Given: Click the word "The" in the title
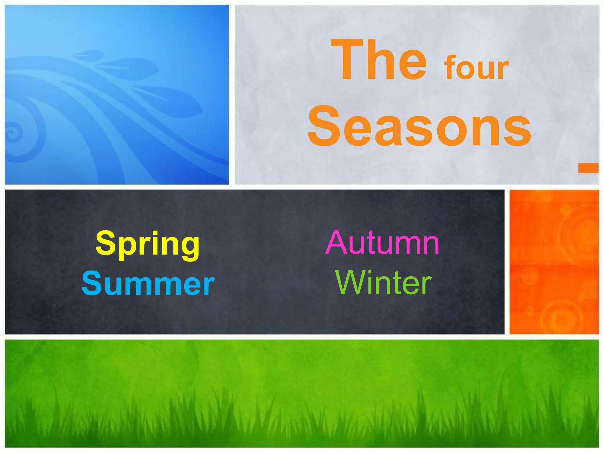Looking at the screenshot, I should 379,60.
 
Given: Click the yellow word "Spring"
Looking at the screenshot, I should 147,245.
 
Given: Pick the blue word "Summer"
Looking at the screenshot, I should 148,284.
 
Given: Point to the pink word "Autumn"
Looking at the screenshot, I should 383,243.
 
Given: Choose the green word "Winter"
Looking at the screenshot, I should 383,283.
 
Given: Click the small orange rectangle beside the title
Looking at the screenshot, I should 588,168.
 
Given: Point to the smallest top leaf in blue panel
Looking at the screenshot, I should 88,55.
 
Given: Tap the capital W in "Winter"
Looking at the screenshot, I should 351,283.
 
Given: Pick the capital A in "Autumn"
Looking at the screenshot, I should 338,243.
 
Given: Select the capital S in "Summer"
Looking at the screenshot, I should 91,284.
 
